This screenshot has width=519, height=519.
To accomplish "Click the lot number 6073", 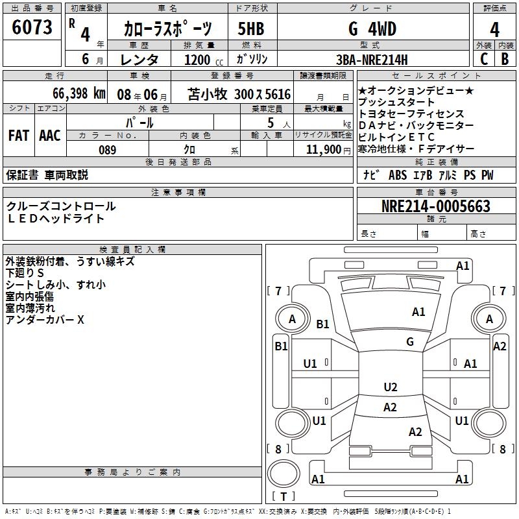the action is point(32,28).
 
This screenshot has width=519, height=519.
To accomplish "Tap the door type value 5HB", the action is point(251,29).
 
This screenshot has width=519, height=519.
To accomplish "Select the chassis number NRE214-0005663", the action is point(435,207).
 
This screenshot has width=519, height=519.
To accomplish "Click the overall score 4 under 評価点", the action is point(494,29).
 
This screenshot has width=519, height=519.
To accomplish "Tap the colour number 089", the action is point(107,150).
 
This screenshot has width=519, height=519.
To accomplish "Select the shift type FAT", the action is point(18,136).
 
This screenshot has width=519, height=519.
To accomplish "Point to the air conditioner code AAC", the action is point(50,136).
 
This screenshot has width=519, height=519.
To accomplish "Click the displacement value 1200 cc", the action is point(201,60).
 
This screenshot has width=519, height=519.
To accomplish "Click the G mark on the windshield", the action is point(410,341).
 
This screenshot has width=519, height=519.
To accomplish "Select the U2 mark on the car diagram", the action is point(390,387).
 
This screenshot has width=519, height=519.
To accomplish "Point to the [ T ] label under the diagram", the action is point(284,497).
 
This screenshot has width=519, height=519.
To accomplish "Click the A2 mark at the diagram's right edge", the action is point(500,346).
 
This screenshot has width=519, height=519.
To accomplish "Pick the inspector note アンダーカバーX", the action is point(45,320).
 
